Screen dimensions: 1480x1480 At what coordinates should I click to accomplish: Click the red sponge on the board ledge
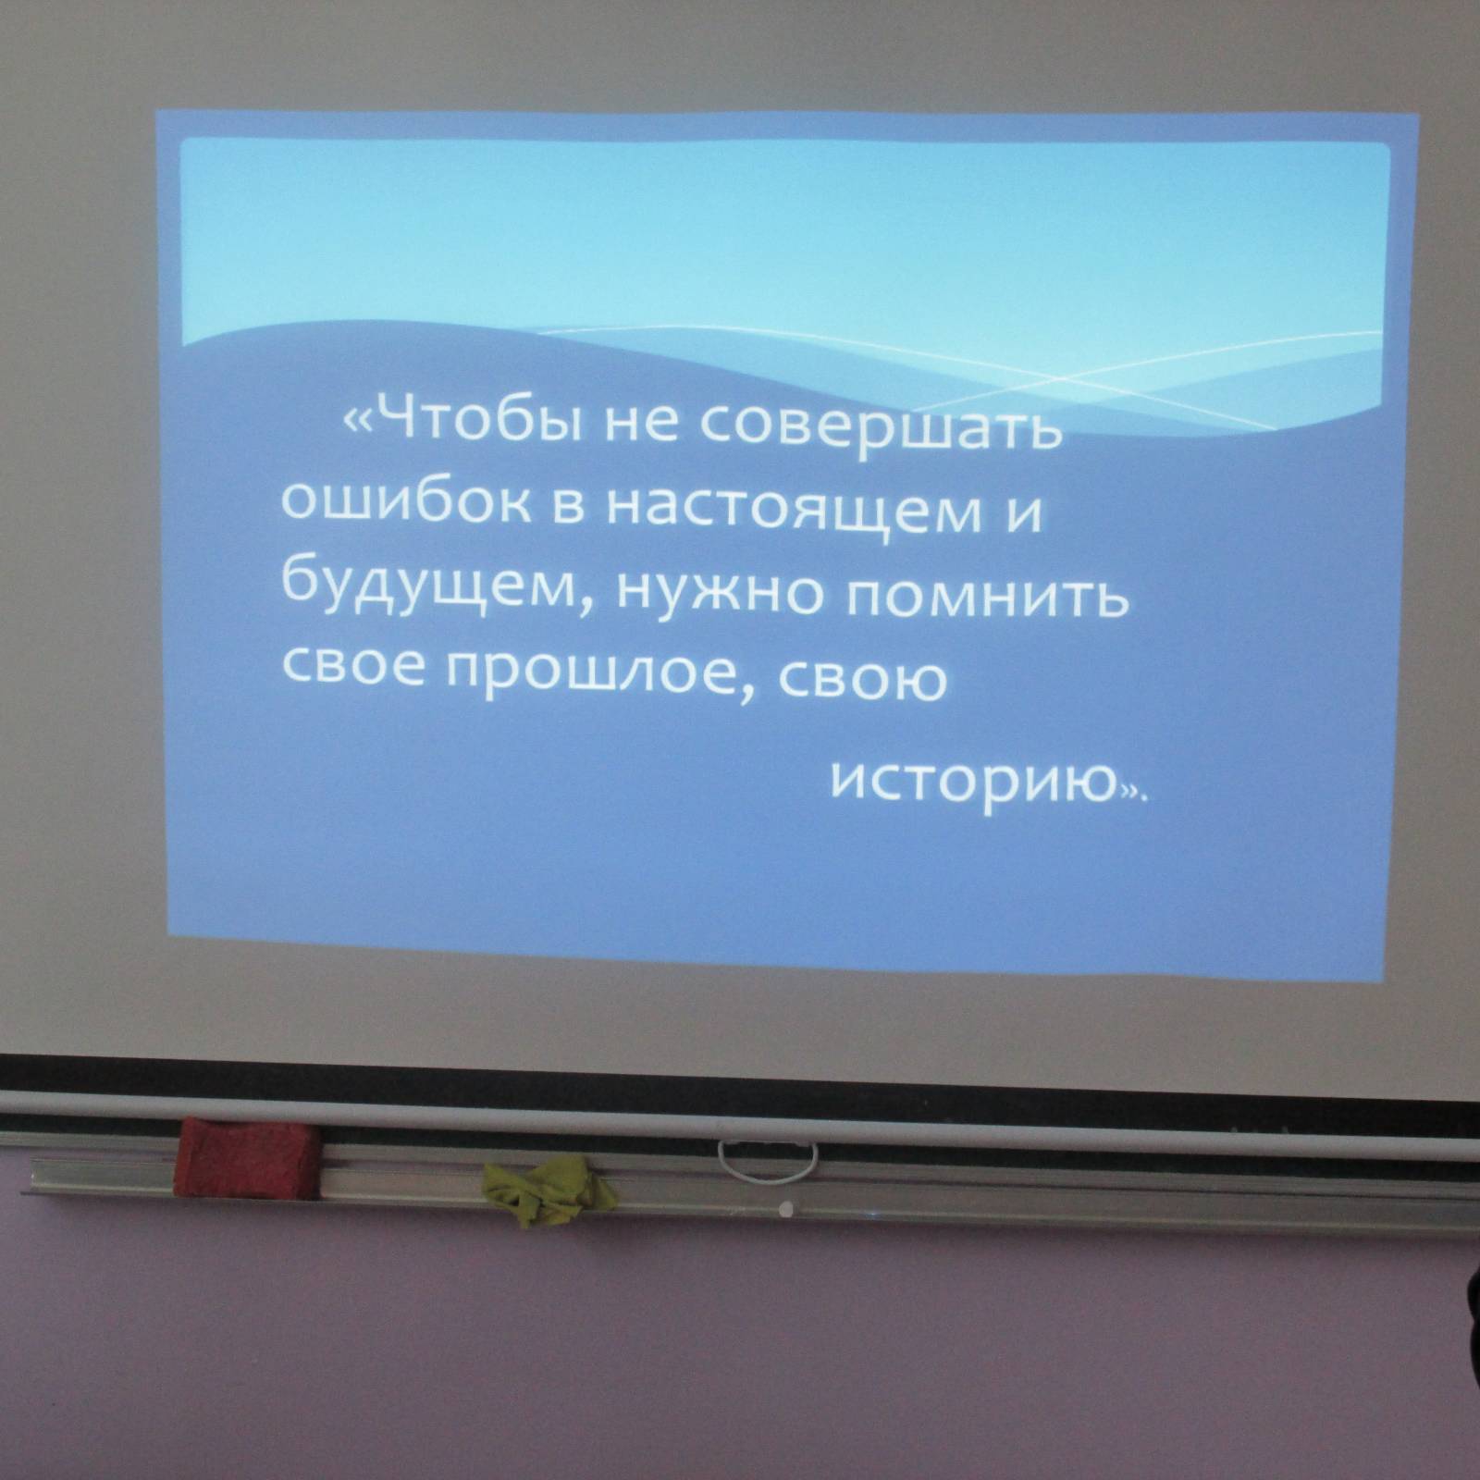click(248, 1156)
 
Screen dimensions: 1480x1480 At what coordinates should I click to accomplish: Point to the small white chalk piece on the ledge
click(786, 1207)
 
